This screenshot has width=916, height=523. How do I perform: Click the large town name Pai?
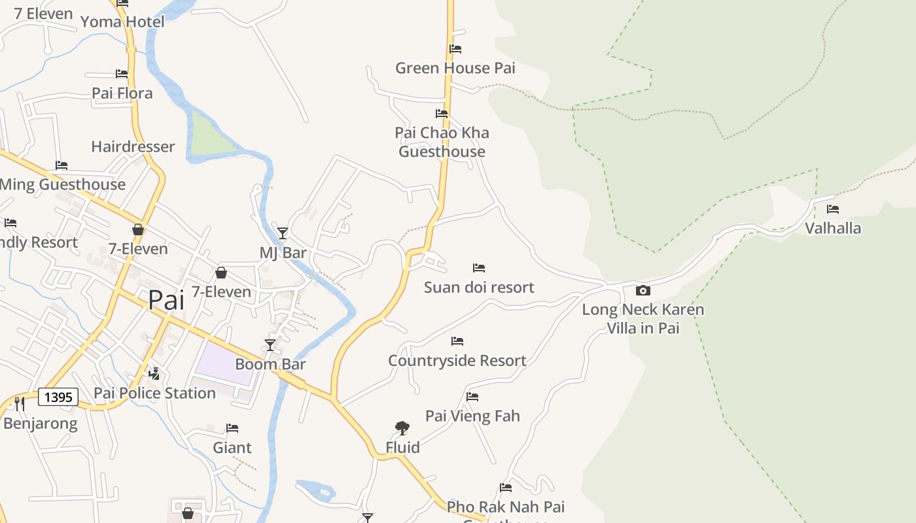point(166,300)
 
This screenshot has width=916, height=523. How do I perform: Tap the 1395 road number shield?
point(58,397)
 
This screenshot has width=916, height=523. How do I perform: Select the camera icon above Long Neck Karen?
point(643,290)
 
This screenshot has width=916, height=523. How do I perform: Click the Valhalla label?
point(832,228)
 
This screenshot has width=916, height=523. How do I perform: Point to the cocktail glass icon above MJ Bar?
point(283,233)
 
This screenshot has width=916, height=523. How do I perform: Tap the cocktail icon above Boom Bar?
point(270,345)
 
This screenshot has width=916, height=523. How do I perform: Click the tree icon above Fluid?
point(402,428)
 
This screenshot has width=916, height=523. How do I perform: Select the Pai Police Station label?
point(154,393)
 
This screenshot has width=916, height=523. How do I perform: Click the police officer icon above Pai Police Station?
point(154,374)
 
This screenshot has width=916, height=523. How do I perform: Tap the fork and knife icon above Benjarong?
point(19,403)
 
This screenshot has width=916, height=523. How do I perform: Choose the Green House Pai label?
point(455,68)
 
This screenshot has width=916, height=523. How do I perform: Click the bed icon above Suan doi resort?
point(479,268)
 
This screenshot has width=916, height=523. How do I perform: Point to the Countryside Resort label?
point(457,361)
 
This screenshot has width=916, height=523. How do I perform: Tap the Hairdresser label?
point(133,146)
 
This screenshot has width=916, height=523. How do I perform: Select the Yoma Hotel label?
point(122,22)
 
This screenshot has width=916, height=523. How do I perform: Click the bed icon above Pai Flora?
point(122,74)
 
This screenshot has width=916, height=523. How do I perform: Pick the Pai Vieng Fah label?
point(472,416)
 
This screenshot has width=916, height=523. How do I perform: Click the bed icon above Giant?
point(232,428)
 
